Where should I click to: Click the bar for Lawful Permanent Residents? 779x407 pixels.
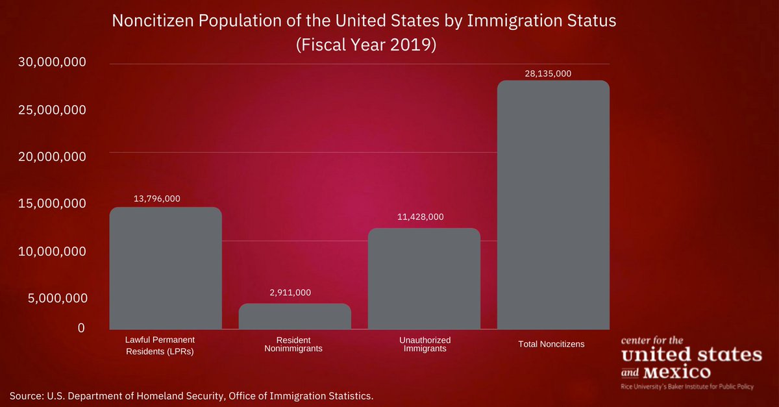click(166, 268)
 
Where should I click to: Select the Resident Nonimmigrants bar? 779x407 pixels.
click(295, 316)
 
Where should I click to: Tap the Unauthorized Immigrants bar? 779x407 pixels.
click(424, 278)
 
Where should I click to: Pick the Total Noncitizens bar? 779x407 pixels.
click(553, 204)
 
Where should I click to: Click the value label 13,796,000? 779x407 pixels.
click(157, 199)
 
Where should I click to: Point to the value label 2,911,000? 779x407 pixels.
click(290, 293)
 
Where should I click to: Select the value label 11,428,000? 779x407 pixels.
click(420, 217)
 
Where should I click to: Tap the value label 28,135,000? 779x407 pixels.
click(548, 73)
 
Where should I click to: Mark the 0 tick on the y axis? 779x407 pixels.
click(81, 328)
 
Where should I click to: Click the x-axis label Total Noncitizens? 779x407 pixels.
click(551, 344)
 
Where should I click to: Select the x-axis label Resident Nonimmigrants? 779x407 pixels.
click(293, 344)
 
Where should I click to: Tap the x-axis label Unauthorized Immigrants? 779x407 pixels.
click(425, 344)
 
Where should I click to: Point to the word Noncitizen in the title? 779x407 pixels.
click(151, 21)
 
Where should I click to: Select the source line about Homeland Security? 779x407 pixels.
click(192, 395)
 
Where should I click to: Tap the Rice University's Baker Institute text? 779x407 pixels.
click(687, 386)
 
